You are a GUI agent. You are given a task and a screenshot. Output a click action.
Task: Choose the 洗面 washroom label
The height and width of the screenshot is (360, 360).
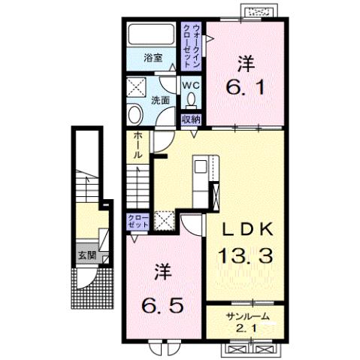(160, 99)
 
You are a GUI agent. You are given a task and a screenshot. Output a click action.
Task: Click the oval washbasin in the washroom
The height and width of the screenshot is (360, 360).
(135, 115)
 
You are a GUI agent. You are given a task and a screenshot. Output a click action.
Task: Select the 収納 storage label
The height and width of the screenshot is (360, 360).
(190, 119)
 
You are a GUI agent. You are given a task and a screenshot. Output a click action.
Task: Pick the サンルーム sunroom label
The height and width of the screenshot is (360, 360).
(245, 315)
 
